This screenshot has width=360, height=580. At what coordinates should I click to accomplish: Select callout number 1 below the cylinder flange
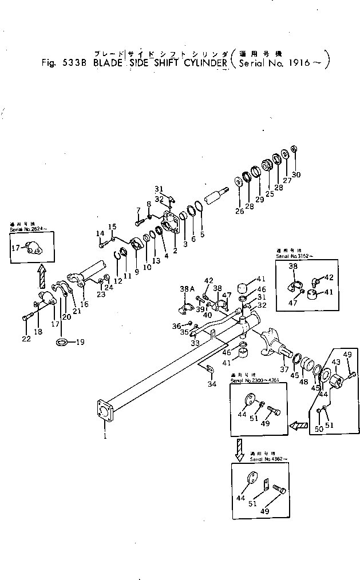point(105,437)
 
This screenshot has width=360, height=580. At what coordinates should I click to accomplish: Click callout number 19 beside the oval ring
point(80,342)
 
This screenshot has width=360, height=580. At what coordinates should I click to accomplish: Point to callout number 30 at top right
point(296,174)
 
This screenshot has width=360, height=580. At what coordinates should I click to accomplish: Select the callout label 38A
point(185,289)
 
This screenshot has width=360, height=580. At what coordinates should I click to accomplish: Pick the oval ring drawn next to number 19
point(63,342)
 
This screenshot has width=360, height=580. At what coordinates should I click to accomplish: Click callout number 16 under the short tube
point(84,304)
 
